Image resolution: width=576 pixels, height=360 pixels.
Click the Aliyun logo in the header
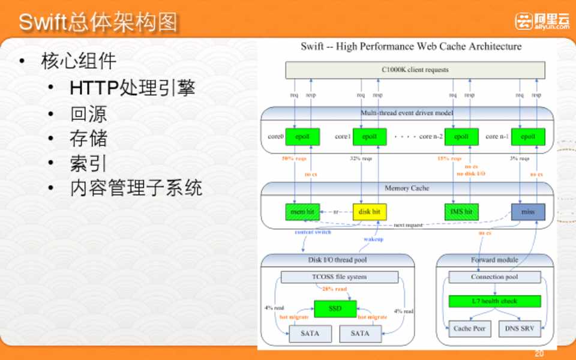(x=542, y=21)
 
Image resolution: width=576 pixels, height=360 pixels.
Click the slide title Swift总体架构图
(x=98, y=22)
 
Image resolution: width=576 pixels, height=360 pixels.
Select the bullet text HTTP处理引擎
(x=132, y=88)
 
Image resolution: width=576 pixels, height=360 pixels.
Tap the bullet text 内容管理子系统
(x=136, y=188)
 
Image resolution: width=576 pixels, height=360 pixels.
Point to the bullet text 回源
(x=88, y=114)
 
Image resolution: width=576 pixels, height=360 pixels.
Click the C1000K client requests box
(x=415, y=70)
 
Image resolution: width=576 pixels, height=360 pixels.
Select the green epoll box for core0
(x=302, y=137)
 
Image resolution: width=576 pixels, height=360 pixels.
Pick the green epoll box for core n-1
(x=528, y=137)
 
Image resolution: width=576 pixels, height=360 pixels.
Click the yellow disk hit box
(x=370, y=212)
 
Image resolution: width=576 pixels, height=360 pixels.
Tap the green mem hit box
(x=302, y=212)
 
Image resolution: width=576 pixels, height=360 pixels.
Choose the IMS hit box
(x=461, y=212)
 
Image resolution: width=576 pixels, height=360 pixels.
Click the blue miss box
(x=528, y=212)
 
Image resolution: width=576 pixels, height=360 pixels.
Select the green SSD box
(x=335, y=308)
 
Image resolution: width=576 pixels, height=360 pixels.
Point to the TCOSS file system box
(x=340, y=277)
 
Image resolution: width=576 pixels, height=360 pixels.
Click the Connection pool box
(x=494, y=277)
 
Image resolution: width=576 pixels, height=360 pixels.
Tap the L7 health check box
(x=494, y=301)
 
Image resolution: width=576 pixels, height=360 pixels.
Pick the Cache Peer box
(x=470, y=329)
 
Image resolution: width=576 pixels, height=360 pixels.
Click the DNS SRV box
(x=520, y=329)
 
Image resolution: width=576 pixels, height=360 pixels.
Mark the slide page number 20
(x=539, y=353)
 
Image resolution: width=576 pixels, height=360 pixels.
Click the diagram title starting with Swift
(x=411, y=47)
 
